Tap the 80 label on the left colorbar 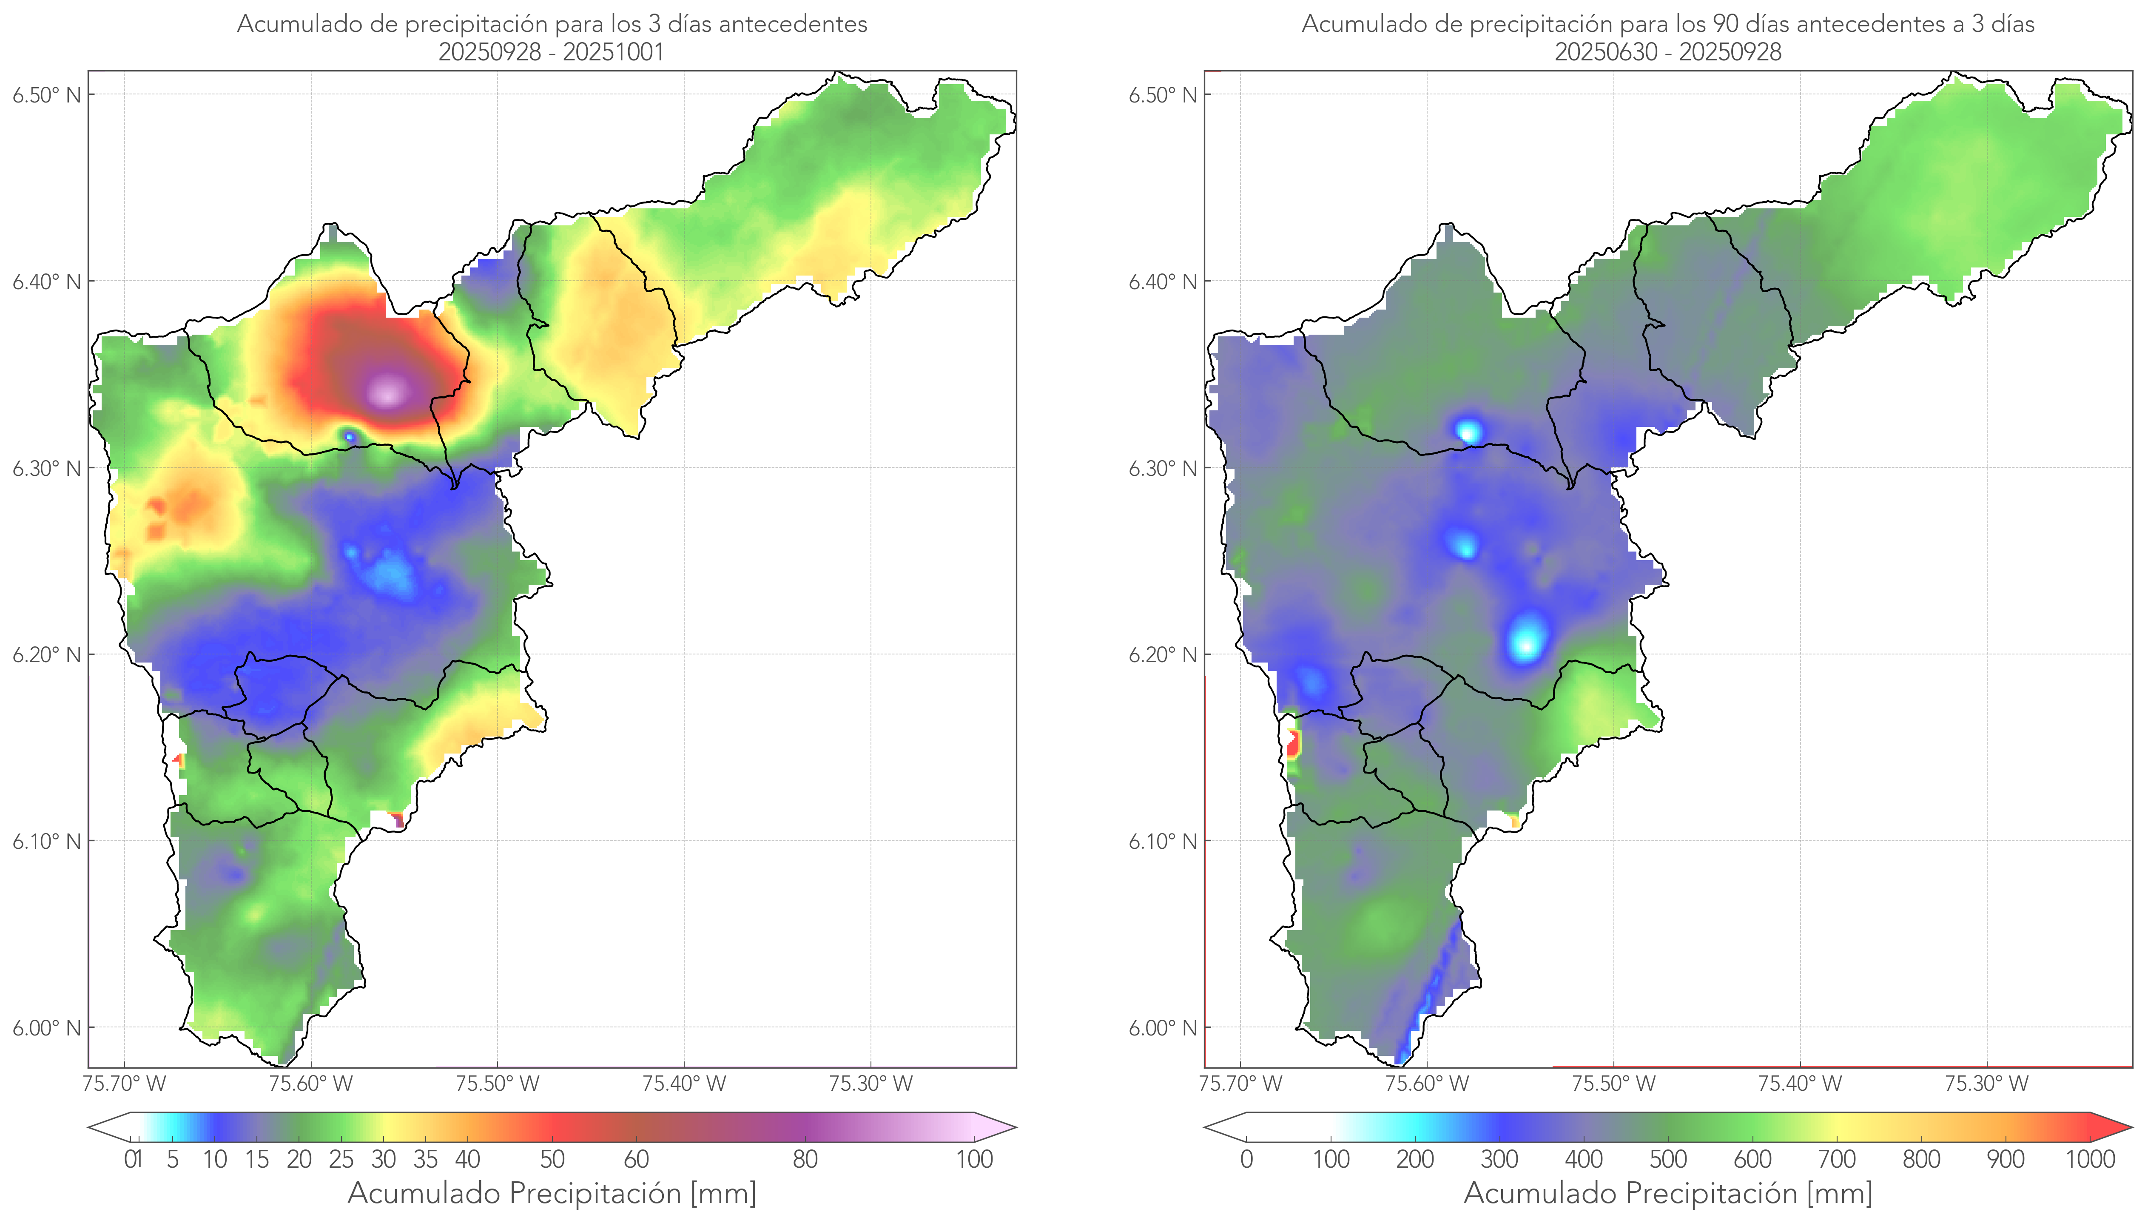pos(805,1159)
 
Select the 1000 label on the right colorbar pos(2090,1159)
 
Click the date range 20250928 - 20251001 pos(551,52)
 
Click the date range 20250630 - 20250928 pos(1667,52)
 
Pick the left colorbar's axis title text pos(552,1193)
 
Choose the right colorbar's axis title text pos(1668,1193)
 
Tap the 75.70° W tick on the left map pos(124,1084)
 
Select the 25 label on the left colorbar pos(341,1159)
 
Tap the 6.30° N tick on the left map pos(46,468)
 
